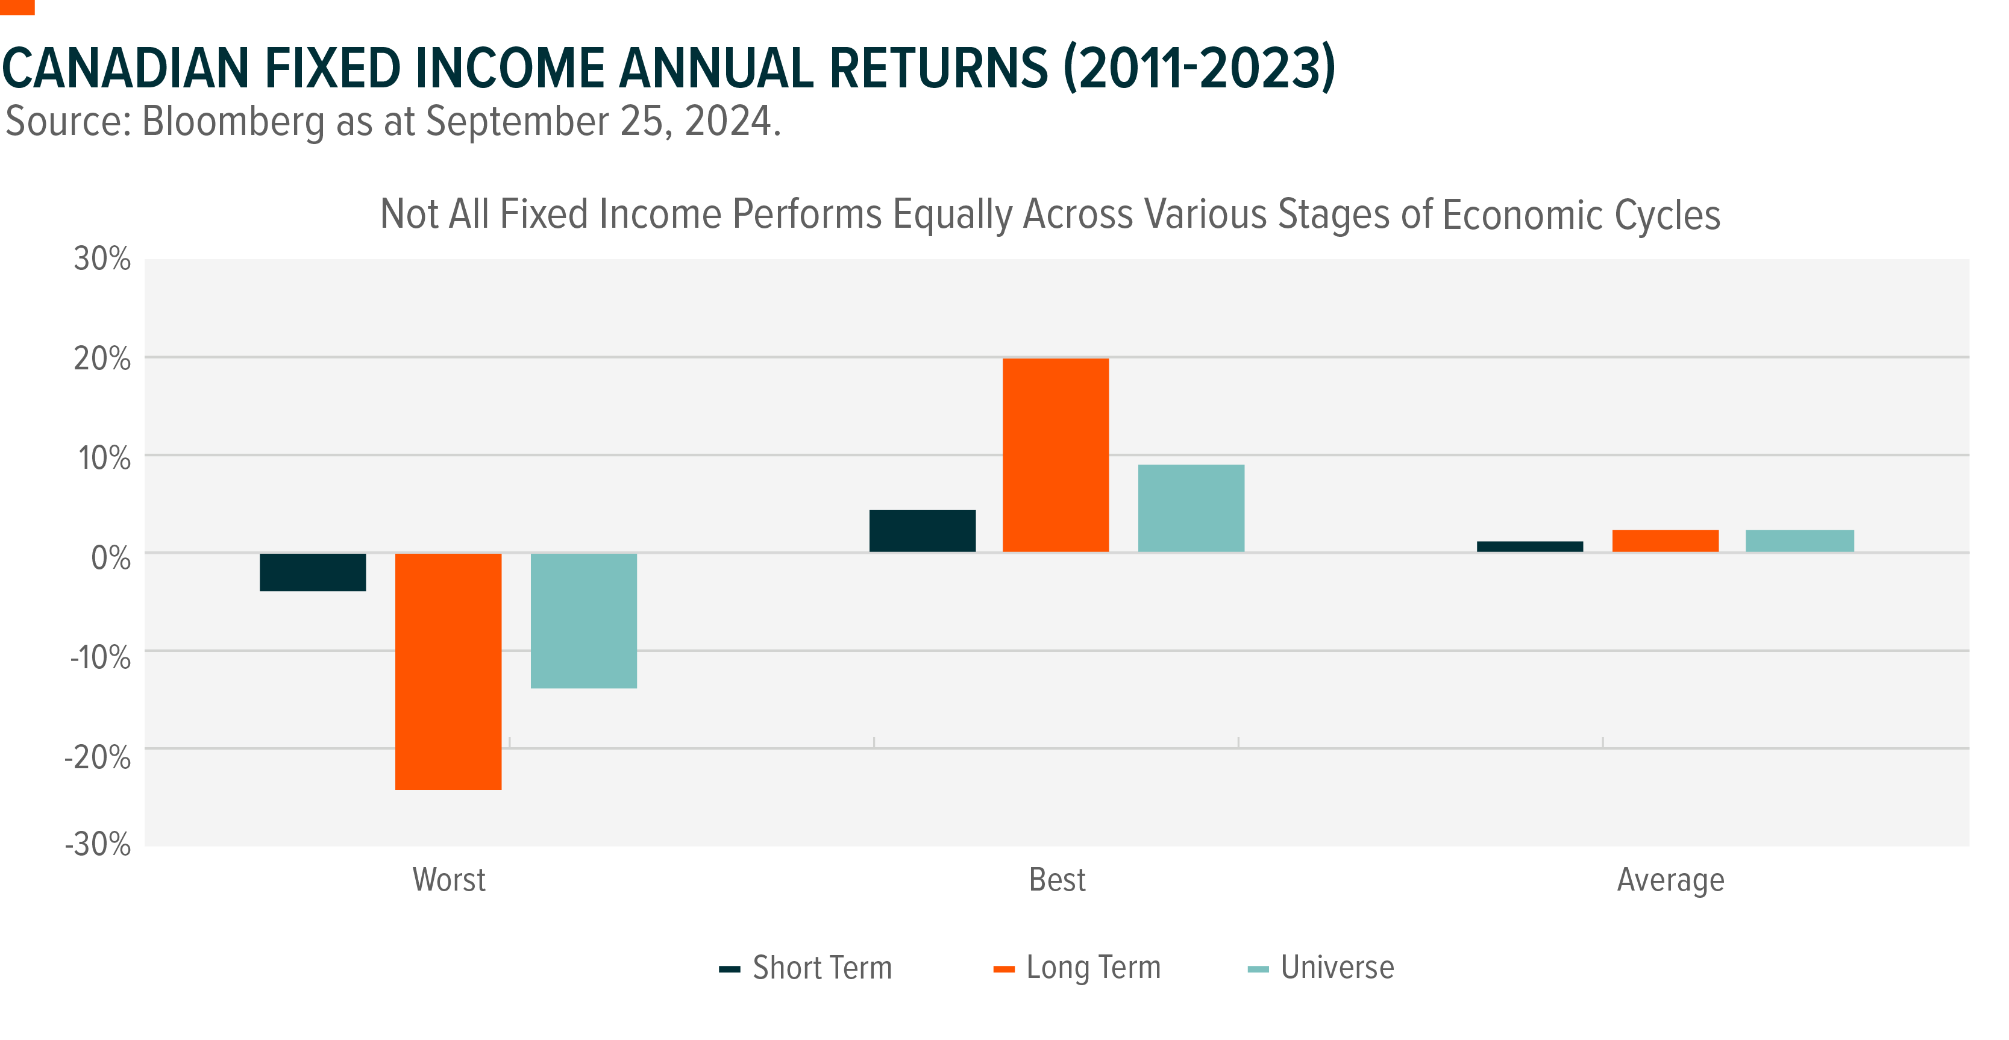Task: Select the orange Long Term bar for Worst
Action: pyautogui.click(x=448, y=671)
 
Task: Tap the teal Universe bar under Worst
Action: pyautogui.click(x=584, y=621)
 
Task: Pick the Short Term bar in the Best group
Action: pyautogui.click(x=923, y=531)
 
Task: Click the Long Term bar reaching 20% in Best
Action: pyautogui.click(x=1056, y=456)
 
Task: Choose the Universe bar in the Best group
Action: pyautogui.click(x=1192, y=509)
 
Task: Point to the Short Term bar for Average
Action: pyautogui.click(x=1530, y=547)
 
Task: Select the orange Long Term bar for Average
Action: pyautogui.click(x=1666, y=541)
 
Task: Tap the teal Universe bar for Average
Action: pyautogui.click(x=1800, y=541)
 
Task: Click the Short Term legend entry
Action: pyautogui.click(x=806, y=968)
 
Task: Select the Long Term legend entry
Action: pyautogui.click(x=1077, y=968)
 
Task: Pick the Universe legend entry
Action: pyautogui.click(x=1321, y=968)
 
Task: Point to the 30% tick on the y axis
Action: pyautogui.click(x=102, y=259)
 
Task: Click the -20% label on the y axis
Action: pyautogui.click(x=98, y=756)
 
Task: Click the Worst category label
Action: pyautogui.click(x=449, y=879)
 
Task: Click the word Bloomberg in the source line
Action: pyautogui.click(x=233, y=122)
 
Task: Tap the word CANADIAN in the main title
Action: pyautogui.click(x=127, y=68)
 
